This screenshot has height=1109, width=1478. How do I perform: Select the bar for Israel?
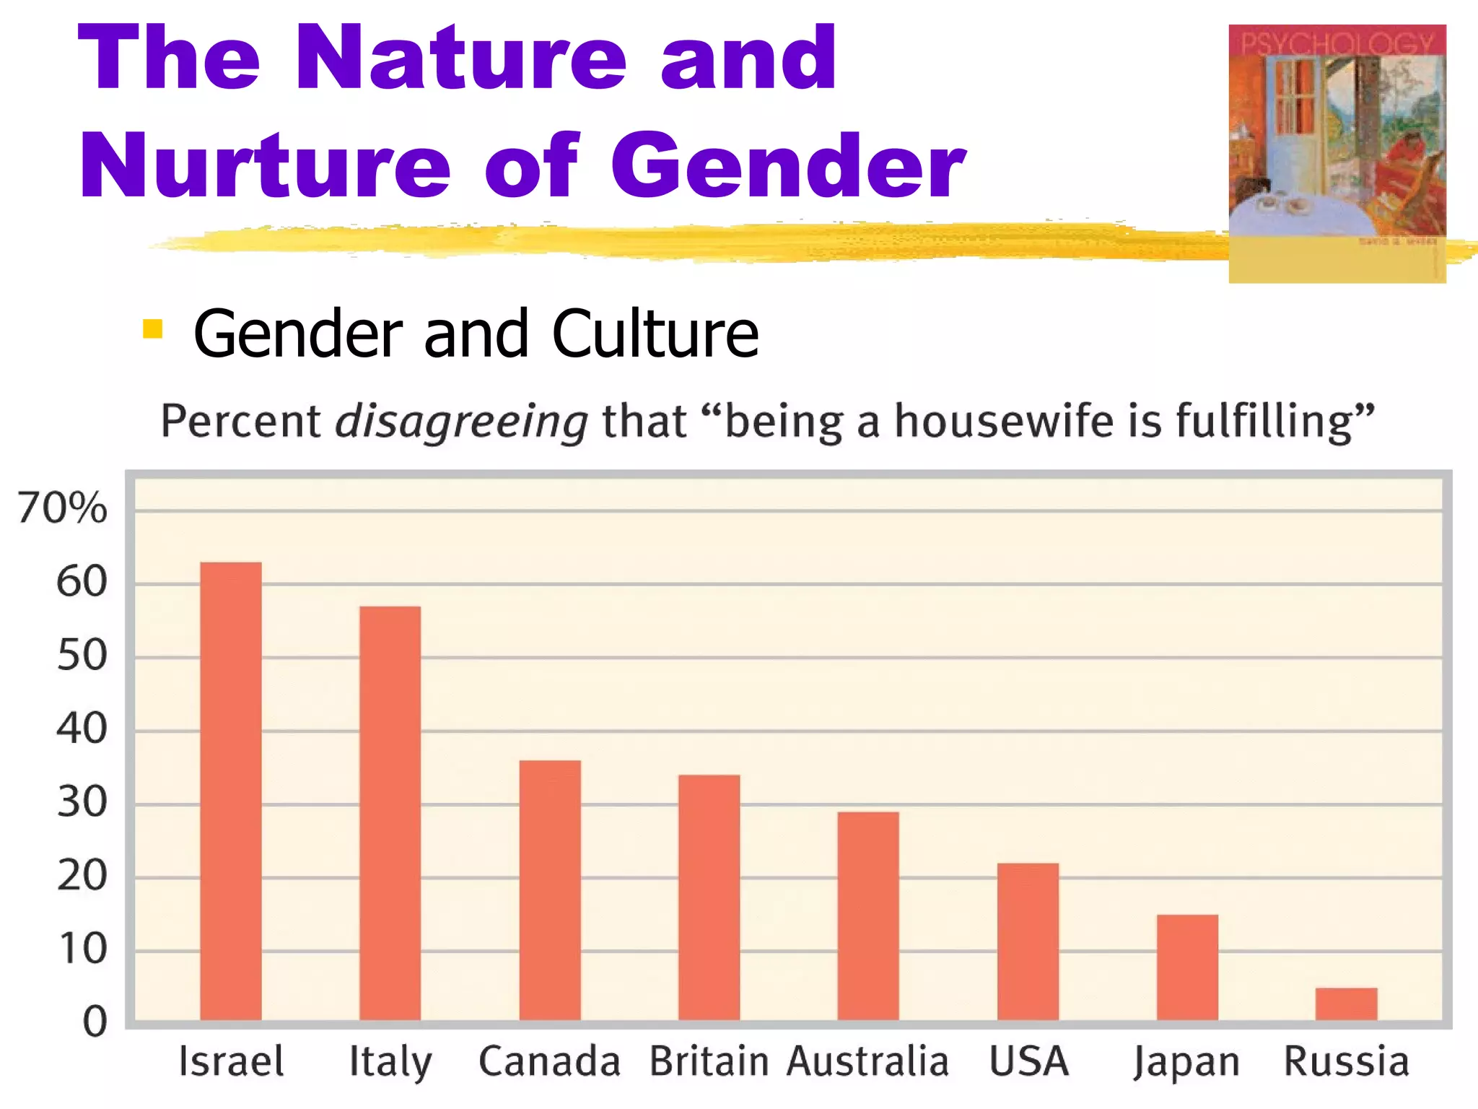[x=231, y=791]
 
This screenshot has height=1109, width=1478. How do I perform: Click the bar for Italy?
[x=390, y=812]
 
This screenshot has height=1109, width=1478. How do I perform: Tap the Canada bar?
[x=550, y=890]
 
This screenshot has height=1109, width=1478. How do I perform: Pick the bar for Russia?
[x=1346, y=1004]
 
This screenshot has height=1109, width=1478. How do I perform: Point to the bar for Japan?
[x=1187, y=967]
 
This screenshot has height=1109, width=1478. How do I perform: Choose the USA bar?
[x=1028, y=941]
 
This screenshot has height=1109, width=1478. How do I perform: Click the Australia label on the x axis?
[x=867, y=1061]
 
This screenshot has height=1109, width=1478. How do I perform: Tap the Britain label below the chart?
[x=709, y=1061]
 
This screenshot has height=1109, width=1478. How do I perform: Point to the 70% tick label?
[x=62, y=508]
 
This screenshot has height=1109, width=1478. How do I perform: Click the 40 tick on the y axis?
[x=82, y=729]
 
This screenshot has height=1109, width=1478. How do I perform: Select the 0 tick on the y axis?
[x=95, y=1022]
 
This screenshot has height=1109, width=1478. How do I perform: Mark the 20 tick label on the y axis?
[x=82, y=877]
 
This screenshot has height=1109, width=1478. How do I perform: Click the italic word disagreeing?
[x=462, y=422]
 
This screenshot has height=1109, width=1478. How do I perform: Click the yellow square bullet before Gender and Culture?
[x=152, y=329]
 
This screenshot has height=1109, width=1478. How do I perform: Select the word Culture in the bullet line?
[x=655, y=334]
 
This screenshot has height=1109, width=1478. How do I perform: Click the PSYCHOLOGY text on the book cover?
[x=1337, y=43]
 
